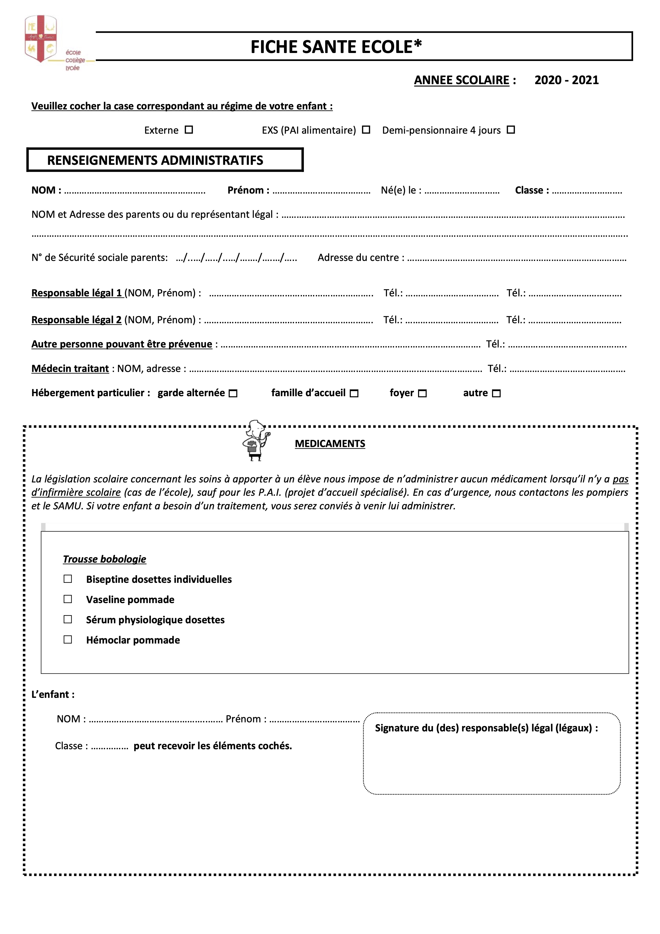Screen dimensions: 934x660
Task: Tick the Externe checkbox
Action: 189,130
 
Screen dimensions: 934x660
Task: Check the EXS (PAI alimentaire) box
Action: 366,130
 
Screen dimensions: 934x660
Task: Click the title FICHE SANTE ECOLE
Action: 336,47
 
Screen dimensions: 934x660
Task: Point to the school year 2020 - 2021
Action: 567,80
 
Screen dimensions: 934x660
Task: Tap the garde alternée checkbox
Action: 233,393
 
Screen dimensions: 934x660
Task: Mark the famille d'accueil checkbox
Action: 354,393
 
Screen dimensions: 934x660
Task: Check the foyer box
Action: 423,393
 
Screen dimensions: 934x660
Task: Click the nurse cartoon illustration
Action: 256,441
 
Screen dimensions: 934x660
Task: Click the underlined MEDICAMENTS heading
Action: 330,444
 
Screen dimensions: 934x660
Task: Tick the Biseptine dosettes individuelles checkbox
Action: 68,579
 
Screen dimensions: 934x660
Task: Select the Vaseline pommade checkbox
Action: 68,599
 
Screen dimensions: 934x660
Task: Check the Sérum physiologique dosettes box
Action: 68,620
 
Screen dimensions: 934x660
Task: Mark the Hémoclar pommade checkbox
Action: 68,640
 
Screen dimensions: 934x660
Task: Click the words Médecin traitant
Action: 70,368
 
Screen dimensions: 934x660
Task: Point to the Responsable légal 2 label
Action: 76,320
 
